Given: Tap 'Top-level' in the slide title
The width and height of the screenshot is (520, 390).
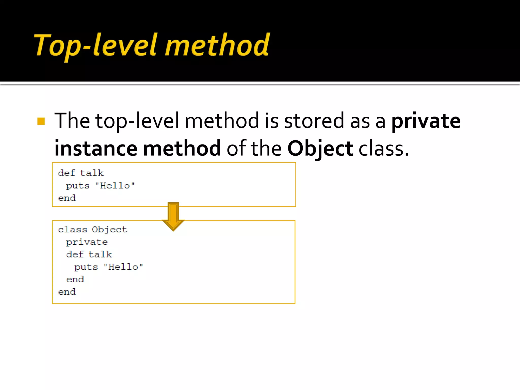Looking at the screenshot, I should pyautogui.click(x=95, y=46).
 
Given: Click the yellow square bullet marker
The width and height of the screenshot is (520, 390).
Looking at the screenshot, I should pyautogui.click(x=41, y=121).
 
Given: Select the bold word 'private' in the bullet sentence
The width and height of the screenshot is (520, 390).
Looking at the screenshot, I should pyautogui.click(x=426, y=121).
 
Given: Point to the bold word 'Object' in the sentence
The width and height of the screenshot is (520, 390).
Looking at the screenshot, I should pyautogui.click(x=320, y=149).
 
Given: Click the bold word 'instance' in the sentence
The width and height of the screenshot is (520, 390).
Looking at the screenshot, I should pyautogui.click(x=96, y=149).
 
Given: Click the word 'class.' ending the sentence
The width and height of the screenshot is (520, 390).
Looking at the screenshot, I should pyautogui.click(x=383, y=149).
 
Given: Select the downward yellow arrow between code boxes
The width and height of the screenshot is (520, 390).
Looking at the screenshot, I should pyautogui.click(x=173, y=216).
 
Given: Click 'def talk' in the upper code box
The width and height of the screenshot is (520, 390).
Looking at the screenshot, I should pyautogui.click(x=81, y=173).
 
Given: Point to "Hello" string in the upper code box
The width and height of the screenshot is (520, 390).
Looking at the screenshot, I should pyautogui.click(x=115, y=186).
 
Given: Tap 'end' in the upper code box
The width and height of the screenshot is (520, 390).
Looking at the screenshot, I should pyautogui.click(x=67, y=198).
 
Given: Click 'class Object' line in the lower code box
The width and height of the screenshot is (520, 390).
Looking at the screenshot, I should pyautogui.click(x=92, y=230).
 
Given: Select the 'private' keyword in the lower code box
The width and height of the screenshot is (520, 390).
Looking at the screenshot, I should pyautogui.click(x=87, y=242).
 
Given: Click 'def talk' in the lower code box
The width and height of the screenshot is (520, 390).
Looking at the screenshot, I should pyautogui.click(x=89, y=254).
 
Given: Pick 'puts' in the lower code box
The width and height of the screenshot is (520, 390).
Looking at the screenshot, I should pyautogui.click(x=86, y=267).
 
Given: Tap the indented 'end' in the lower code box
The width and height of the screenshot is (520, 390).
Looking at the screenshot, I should pyautogui.click(x=75, y=280).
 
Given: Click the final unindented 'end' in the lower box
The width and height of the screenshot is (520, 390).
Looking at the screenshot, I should pyautogui.click(x=67, y=292).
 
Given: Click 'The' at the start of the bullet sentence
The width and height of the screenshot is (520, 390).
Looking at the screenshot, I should pyautogui.click(x=72, y=121).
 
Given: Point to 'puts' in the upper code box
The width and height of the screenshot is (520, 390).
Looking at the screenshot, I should pyautogui.click(x=78, y=186).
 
